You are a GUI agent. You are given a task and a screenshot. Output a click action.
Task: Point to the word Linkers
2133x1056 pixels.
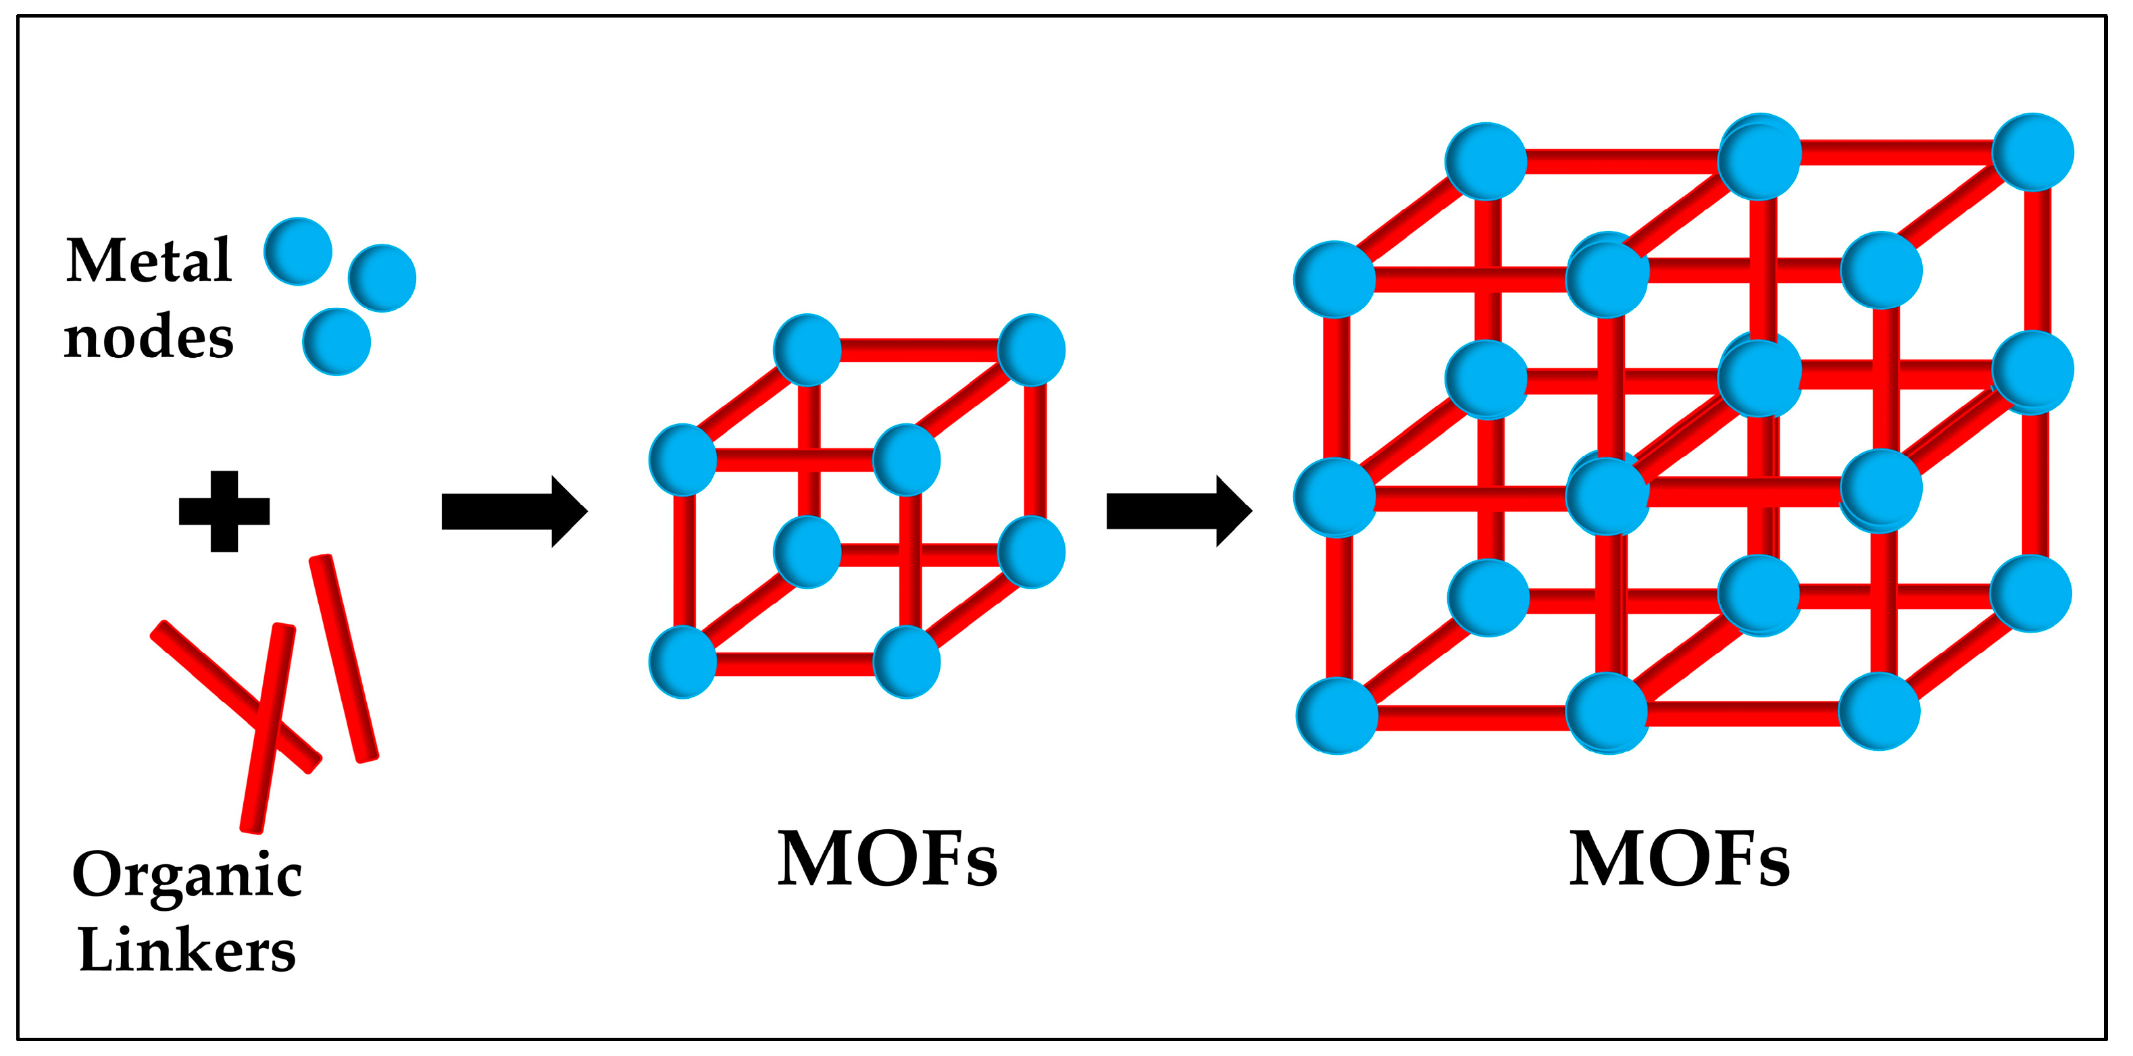click(187, 950)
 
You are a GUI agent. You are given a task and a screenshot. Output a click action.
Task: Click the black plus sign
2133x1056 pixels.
click(224, 511)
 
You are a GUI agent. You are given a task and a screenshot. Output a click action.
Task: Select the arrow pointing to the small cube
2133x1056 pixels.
click(514, 511)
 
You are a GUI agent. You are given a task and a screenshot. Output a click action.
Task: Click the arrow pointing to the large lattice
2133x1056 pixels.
click(1178, 510)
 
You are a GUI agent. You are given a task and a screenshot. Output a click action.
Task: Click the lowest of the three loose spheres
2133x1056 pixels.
click(336, 342)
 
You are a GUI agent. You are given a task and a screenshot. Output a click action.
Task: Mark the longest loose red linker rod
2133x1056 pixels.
click(268, 729)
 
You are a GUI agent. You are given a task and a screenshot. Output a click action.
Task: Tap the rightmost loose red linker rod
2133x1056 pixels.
click(344, 658)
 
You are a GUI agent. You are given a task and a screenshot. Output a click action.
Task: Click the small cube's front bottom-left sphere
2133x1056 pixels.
click(683, 662)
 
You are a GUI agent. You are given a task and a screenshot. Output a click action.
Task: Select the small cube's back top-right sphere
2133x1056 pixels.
click(1031, 350)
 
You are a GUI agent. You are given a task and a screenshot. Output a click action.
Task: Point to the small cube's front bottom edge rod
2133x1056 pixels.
click(795, 664)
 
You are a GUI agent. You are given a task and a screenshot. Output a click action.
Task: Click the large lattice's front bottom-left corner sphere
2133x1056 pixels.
click(1336, 716)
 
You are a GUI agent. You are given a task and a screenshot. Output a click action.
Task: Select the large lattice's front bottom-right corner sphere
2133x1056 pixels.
click(1880, 712)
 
